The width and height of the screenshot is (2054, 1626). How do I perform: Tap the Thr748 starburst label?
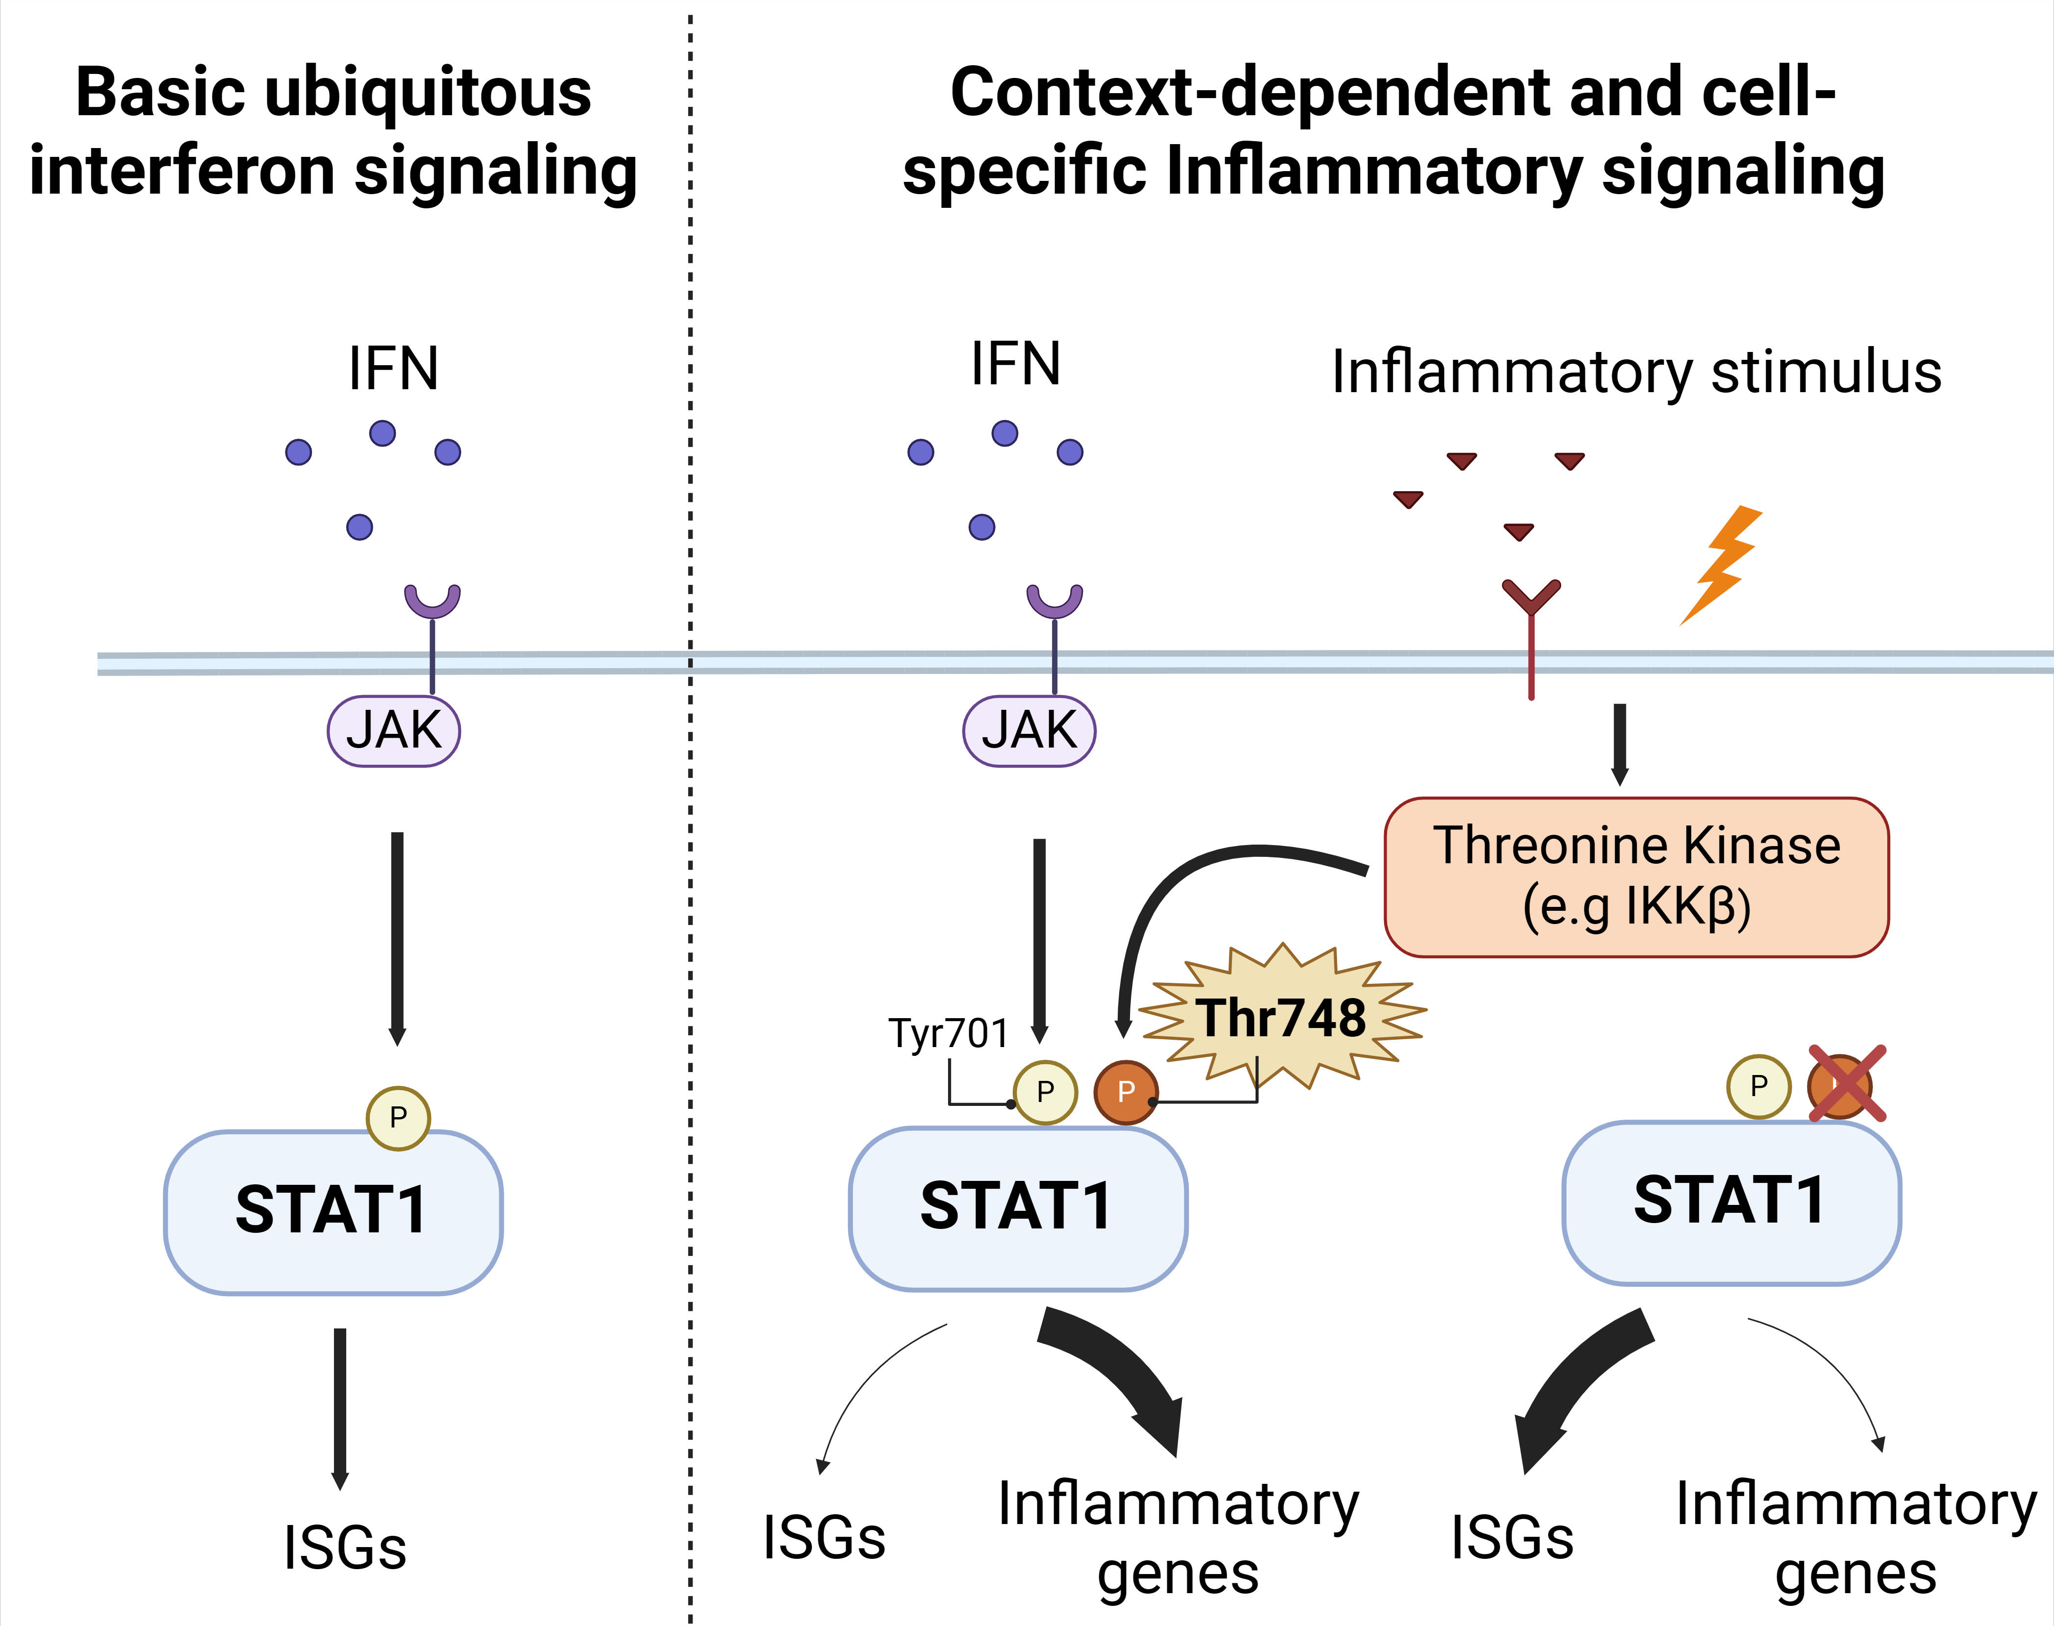pos(1282,1017)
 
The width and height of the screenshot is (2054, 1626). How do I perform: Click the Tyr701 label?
pos(949,1033)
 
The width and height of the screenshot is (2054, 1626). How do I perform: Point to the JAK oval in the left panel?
pos(393,731)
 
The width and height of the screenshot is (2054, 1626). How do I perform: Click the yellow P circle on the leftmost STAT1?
pos(398,1118)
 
